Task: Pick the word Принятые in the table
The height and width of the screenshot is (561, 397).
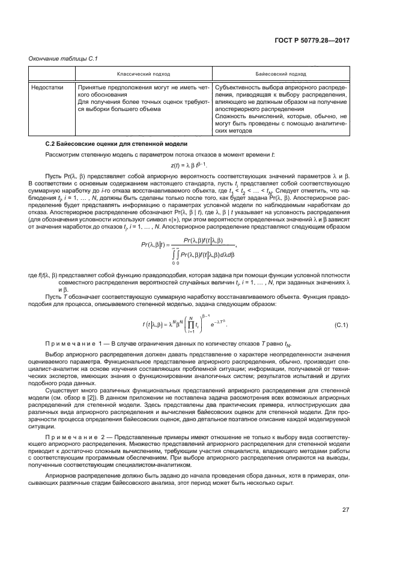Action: (x=91, y=87)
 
